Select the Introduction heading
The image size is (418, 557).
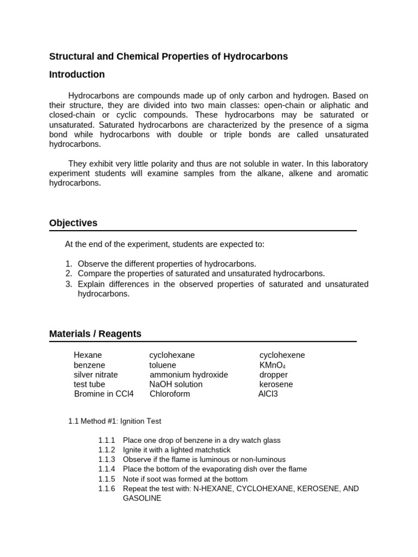[77, 75]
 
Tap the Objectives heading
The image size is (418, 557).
[73, 223]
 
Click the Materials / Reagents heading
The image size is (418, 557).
[95, 334]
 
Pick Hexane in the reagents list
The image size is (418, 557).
[88, 355]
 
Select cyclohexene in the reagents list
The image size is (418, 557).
[282, 355]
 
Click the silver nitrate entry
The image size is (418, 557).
[96, 375]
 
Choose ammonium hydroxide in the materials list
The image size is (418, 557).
[188, 375]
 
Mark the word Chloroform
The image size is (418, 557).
[170, 394]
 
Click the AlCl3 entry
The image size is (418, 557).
[268, 394]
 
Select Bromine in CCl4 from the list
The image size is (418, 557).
[103, 394]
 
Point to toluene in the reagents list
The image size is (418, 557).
[163, 365]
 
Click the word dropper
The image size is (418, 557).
[274, 375]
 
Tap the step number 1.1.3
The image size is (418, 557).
[107, 460]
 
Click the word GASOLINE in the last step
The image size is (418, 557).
[142, 498]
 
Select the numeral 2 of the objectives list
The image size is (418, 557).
[69, 274]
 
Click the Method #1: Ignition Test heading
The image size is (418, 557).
[125, 421]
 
